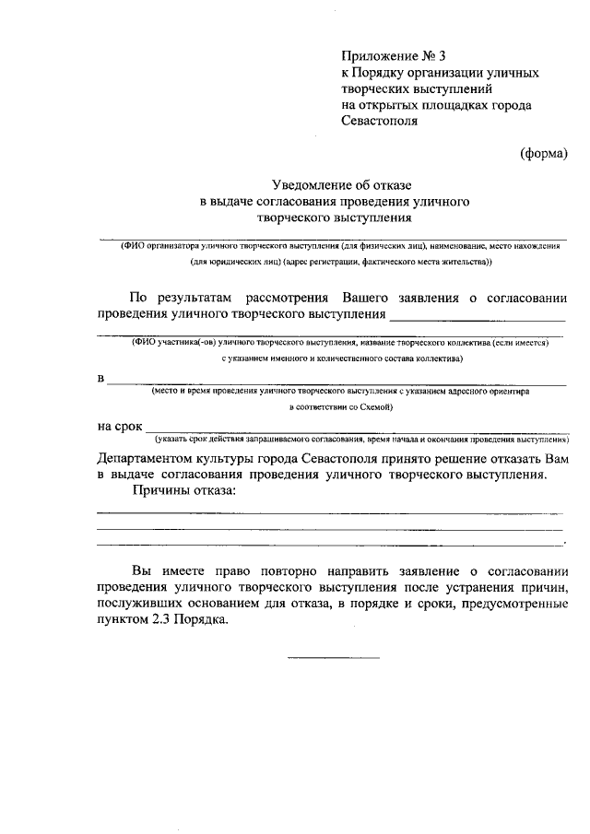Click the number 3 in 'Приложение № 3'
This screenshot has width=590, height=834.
pos(441,56)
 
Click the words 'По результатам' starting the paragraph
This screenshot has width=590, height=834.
pos(182,298)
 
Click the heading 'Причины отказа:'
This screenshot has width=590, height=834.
pos(184,491)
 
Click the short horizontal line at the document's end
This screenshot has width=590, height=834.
pos(333,658)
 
